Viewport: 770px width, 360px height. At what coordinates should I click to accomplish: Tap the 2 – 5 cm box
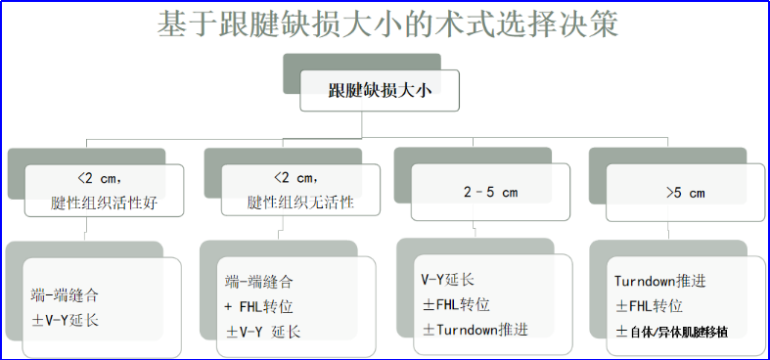pos(489,192)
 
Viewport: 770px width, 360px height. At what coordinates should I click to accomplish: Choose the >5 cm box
pos(684,192)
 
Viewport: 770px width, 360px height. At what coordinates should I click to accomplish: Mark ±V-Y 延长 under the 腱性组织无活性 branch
pos(263,332)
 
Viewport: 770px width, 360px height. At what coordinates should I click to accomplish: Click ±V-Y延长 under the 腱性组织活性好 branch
pos(66,319)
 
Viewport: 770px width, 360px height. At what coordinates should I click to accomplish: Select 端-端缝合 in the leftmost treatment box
pos(65,293)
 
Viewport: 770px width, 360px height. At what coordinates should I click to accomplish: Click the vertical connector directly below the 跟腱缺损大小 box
pos(364,122)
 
